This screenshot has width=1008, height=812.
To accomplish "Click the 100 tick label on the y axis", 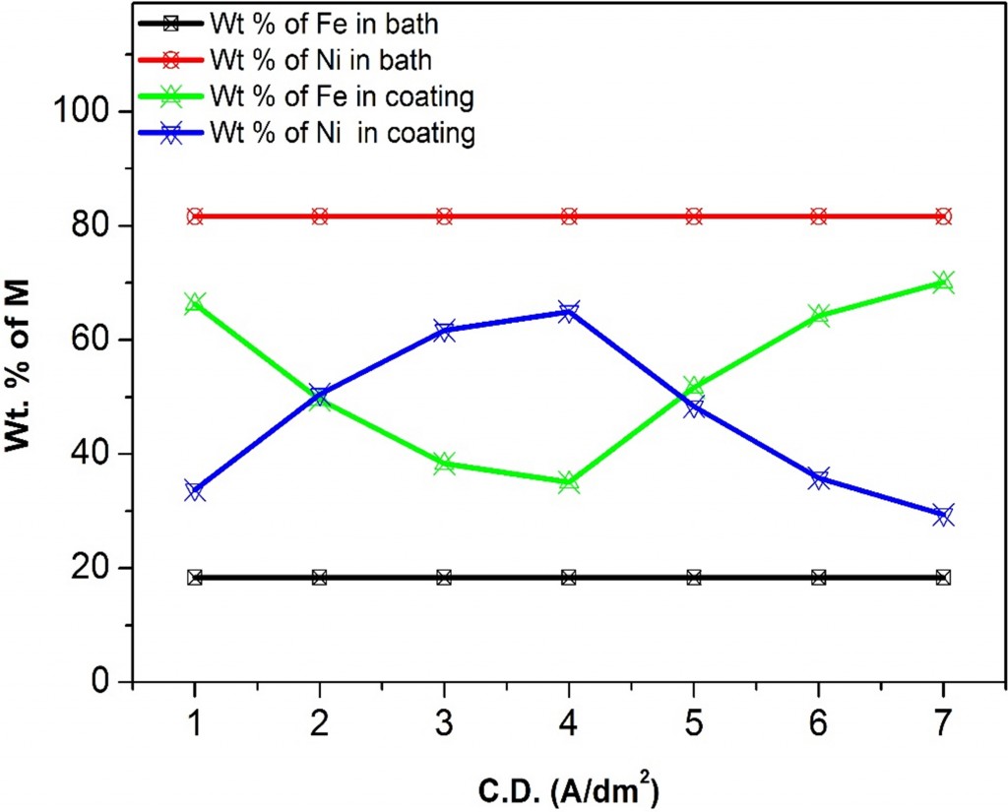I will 91,112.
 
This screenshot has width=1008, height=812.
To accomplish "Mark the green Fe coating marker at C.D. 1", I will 195,302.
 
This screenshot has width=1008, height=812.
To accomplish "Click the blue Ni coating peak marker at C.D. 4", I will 569,311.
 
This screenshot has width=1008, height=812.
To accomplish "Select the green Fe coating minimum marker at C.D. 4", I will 569,482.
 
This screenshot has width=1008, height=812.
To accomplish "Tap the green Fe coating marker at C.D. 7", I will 943,282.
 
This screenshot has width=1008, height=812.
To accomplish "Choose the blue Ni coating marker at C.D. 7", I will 943,515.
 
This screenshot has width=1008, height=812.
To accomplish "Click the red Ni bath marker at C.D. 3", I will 444,217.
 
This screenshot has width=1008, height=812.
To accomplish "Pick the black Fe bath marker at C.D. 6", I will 818,577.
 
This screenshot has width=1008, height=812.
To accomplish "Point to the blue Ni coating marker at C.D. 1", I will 195,490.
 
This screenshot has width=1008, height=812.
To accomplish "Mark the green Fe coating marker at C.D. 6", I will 818,315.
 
